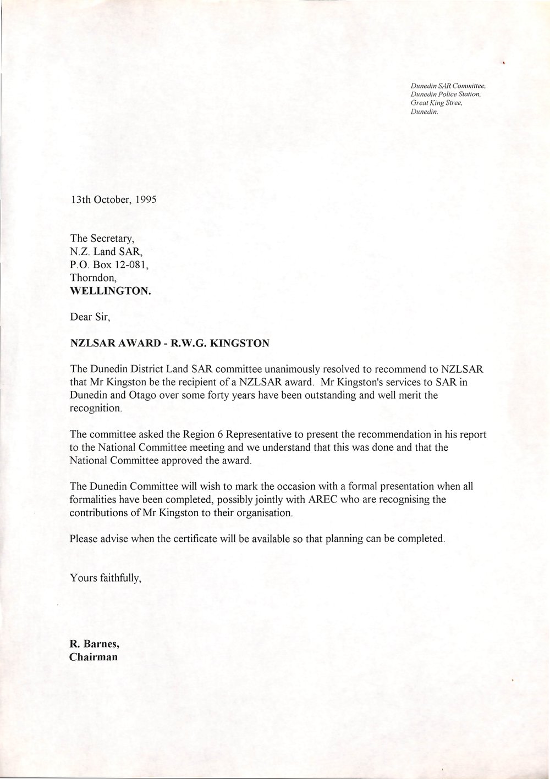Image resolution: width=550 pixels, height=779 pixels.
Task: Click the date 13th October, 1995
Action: [x=113, y=200]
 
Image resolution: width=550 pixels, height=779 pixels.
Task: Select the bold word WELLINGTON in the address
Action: [x=111, y=292]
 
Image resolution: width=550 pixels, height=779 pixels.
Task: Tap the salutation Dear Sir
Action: [x=91, y=317]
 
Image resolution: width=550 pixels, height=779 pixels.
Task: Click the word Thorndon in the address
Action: [x=93, y=279]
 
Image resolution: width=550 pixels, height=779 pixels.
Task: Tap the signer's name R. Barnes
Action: [x=91, y=644]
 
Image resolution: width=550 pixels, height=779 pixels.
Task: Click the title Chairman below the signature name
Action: [x=93, y=657]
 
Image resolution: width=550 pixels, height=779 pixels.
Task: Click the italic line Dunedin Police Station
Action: [x=446, y=95]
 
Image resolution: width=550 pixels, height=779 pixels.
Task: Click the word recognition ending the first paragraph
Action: [x=94, y=408]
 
